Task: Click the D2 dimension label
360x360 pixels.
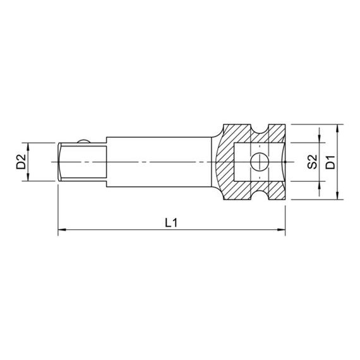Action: (21, 162)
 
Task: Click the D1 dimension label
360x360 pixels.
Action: (330, 162)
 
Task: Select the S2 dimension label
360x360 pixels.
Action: (311, 162)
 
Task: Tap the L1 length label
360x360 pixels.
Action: (171, 222)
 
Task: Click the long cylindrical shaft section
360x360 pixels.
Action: (158, 162)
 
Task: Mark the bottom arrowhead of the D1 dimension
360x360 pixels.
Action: (339, 198)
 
